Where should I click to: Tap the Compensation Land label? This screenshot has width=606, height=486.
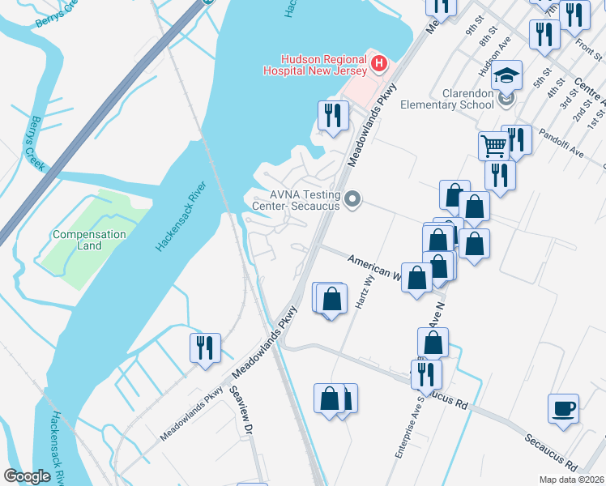click(89, 240)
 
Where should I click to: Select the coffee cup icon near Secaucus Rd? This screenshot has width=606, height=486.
click(563, 407)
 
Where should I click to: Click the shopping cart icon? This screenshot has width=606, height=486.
click(493, 146)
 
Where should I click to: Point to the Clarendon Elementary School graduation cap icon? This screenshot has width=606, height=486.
click(507, 75)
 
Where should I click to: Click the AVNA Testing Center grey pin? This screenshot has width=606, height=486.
click(352, 198)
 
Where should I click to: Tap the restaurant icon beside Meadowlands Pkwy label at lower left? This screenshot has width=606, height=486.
click(203, 347)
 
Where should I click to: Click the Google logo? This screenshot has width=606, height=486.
click(27, 475)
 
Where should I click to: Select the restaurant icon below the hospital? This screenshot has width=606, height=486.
click(331, 114)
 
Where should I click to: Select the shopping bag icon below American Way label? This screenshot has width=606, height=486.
click(417, 278)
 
